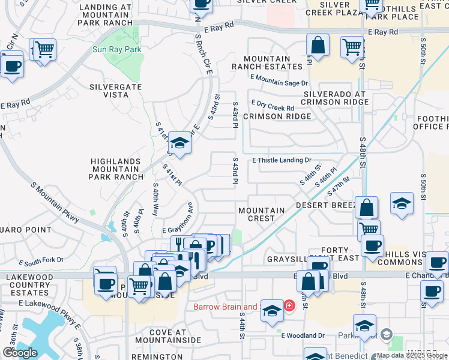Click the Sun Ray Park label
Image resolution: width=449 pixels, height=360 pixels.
tap(117, 50)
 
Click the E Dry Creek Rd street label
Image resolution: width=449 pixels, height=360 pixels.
tap(273, 105)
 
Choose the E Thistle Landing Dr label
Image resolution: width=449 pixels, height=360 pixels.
tap(282, 160)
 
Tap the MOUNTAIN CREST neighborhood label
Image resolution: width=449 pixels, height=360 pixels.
tap(262, 214)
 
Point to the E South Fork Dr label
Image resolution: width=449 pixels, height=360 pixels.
tap(41, 261)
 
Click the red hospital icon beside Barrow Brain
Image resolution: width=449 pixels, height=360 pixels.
tap(290, 307)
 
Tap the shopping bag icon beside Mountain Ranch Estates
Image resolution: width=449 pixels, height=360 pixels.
tap(318, 46)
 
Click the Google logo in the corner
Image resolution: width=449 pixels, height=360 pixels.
tap(20, 353)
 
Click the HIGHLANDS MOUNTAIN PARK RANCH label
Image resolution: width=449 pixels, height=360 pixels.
tap(117, 169)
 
